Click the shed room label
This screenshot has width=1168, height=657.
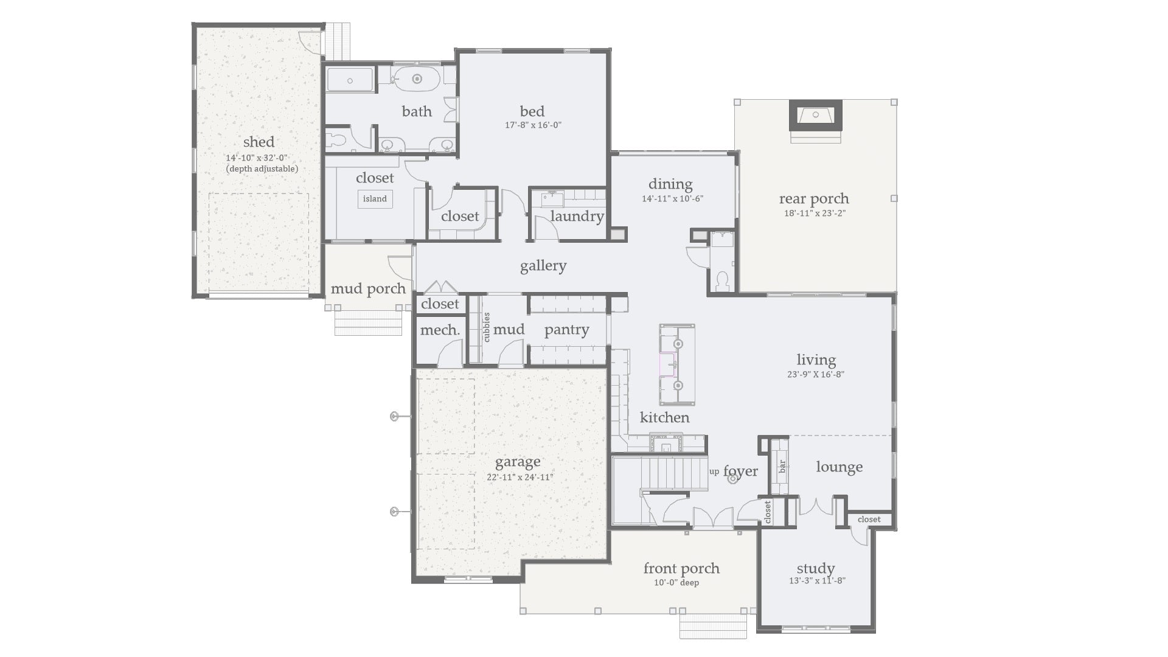tap(259, 142)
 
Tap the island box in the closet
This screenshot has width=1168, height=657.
tap(375, 199)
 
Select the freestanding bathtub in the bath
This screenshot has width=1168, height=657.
tap(417, 79)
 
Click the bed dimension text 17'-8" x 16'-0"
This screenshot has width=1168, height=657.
tap(532, 125)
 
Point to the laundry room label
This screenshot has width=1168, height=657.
tap(577, 216)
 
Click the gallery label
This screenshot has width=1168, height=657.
tap(543, 265)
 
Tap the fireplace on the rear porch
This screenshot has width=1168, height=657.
tap(815, 116)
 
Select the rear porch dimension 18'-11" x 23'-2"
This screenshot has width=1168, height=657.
tap(814, 213)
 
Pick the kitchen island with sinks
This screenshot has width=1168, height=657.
tap(677, 364)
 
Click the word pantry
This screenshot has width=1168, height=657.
tap(566, 330)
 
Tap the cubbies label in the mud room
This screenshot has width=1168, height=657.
tap(486, 327)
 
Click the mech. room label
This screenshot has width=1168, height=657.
tap(440, 330)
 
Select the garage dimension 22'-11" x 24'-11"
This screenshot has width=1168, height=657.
tap(519, 478)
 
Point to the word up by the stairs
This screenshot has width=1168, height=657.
tap(714, 471)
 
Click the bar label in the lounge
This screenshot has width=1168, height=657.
tap(782, 467)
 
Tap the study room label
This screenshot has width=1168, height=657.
tap(815, 568)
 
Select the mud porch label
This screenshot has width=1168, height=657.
tap(367, 288)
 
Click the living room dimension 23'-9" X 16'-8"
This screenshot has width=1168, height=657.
tap(815, 375)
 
